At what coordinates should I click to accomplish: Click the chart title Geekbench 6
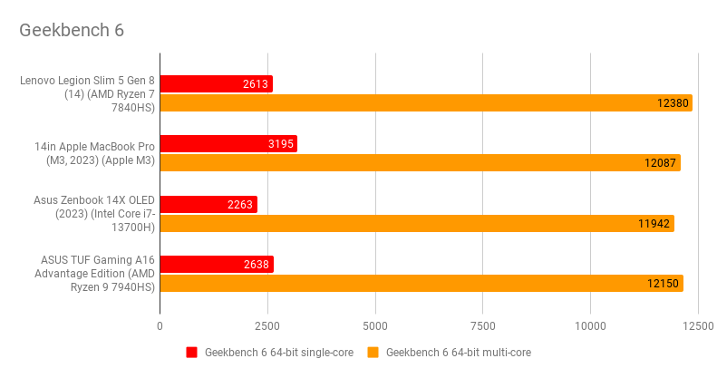tap(72, 30)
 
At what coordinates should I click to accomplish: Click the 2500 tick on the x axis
tap(267, 325)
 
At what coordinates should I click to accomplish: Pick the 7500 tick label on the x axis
tap(482, 325)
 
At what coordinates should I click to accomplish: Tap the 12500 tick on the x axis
tap(697, 325)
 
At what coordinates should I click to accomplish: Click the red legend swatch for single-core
tap(191, 353)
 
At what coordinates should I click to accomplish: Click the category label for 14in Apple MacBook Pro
tap(95, 153)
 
